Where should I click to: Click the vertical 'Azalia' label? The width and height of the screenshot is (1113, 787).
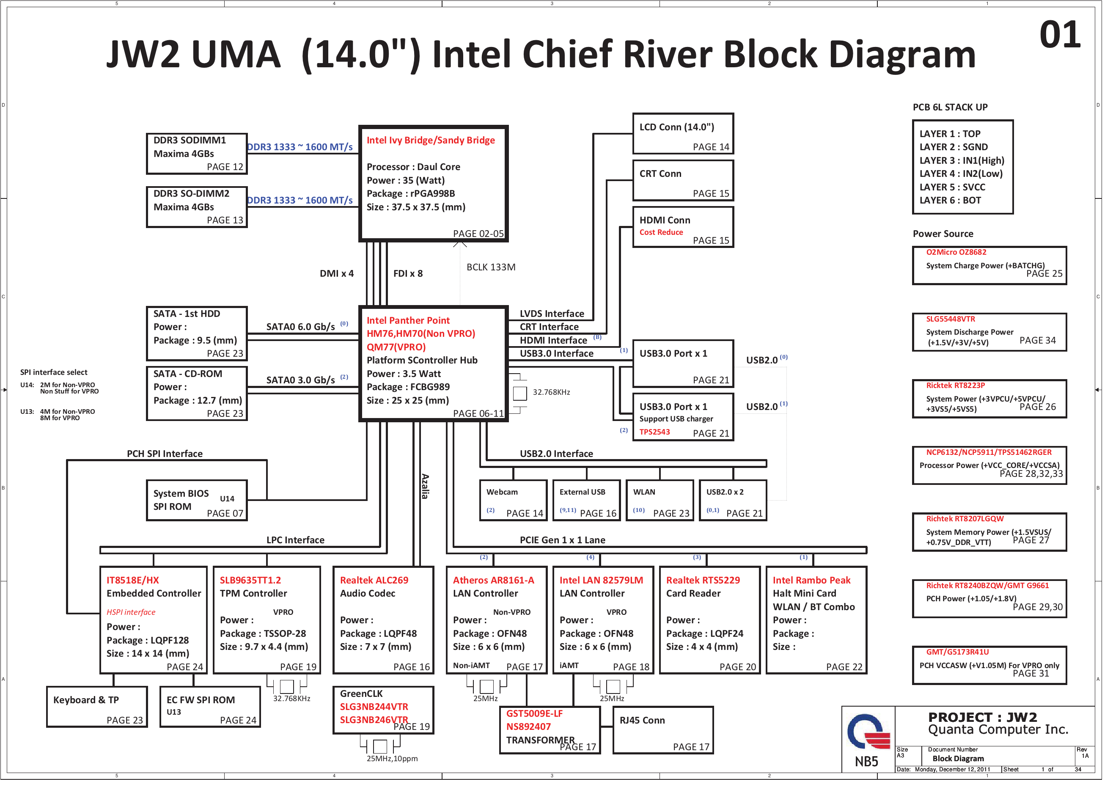[429, 490]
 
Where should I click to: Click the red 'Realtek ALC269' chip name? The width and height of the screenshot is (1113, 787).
[378, 585]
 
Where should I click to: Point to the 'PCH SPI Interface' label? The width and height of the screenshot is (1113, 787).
[166, 458]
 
